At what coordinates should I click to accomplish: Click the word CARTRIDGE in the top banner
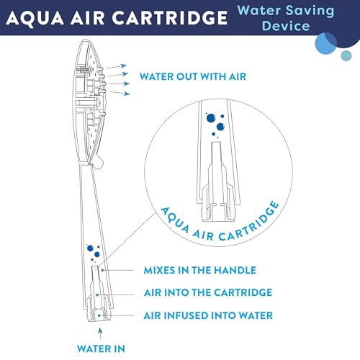click(170, 18)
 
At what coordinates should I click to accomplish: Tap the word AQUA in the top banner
click(35, 19)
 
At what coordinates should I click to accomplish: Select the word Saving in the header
click(310, 11)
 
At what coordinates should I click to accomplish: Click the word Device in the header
click(286, 26)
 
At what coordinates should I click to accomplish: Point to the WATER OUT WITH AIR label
click(193, 77)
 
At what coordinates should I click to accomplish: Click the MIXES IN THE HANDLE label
click(200, 271)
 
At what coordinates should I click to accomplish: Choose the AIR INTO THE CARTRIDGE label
click(208, 292)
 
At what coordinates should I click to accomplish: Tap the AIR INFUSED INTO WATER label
click(208, 315)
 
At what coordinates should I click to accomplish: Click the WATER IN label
click(101, 348)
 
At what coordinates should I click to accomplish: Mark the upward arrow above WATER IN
click(101, 333)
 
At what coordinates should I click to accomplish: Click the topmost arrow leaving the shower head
click(116, 66)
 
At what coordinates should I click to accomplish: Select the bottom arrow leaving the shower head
click(120, 93)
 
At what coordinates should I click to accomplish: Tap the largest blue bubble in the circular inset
click(211, 118)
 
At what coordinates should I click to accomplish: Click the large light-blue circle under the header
click(325, 43)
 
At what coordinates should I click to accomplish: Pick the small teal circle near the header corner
click(346, 55)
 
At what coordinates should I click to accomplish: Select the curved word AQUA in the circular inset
click(175, 220)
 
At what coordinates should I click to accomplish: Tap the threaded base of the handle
click(99, 315)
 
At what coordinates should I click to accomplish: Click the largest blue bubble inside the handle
click(90, 248)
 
